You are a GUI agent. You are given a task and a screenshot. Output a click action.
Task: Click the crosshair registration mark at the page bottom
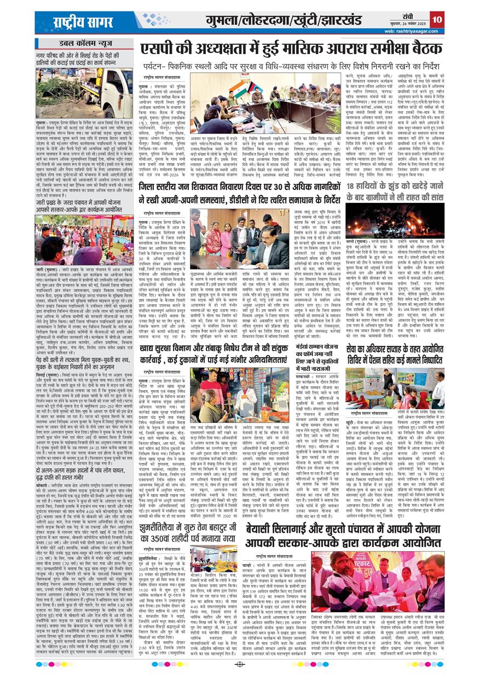tap(239, 665)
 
